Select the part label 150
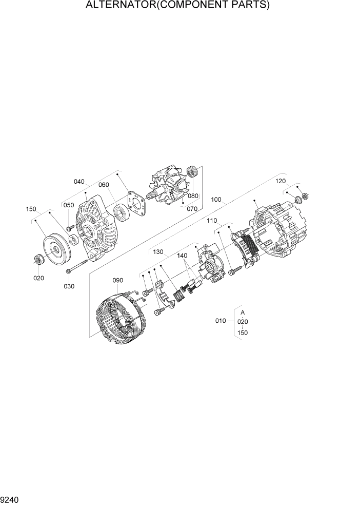(x=31, y=209)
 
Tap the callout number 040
(x=79, y=182)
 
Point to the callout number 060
(x=104, y=185)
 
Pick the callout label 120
(x=281, y=181)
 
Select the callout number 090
(x=118, y=280)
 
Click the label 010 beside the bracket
(x=221, y=321)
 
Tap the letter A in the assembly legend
(x=243, y=312)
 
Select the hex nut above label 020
(x=39, y=260)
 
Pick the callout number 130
(x=158, y=252)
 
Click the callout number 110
(x=212, y=221)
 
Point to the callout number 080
(x=193, y=196)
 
